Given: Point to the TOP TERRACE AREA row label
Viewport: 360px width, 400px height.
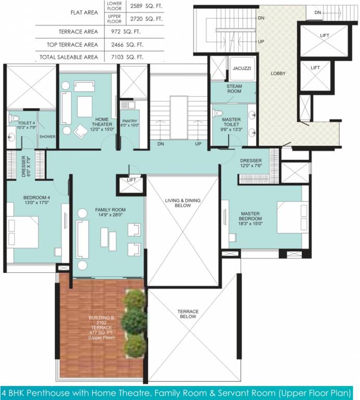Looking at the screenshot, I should [x=77, y=45].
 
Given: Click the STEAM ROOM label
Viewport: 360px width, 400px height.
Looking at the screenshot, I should [x=233, y=89].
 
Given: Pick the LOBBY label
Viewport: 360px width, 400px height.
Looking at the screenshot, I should [x=278, y=73].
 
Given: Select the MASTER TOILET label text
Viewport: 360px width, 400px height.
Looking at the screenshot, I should [x=231, y=122].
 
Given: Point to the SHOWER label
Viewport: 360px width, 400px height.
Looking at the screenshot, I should [x=47, y=137].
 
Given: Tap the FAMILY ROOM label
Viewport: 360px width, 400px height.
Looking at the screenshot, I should [x=110, y=213].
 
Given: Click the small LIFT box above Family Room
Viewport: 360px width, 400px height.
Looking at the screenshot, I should [x=131, y=180].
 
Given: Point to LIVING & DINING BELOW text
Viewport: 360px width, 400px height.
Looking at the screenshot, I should [x=183, y=203].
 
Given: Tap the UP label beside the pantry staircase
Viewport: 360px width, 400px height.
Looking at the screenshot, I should [x=198, y=144].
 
